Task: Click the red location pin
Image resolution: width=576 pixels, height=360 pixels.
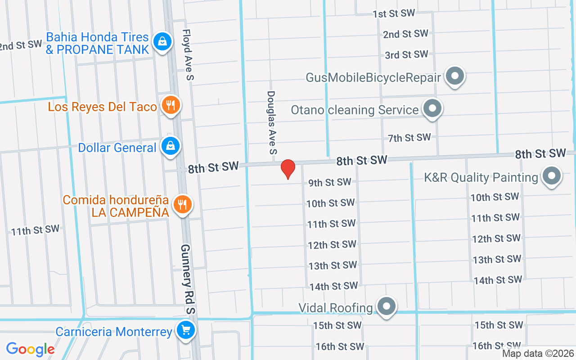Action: click(x=288, y=169)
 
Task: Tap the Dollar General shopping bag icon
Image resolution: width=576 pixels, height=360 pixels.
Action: click(x=171, y=146)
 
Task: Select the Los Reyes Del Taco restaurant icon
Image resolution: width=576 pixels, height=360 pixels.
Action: click(x=171, y=105)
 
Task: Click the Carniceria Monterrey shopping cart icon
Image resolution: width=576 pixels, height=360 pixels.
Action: click(x=185, y=331)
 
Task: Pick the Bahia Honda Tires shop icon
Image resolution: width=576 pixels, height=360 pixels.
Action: click(x=162, y=41)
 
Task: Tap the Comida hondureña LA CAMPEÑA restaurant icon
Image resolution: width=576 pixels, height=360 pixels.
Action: click(x=182, y=204)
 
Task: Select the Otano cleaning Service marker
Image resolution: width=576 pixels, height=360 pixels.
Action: click(x=432, y=108)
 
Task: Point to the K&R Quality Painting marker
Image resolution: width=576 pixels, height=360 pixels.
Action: click(x=552, y=176)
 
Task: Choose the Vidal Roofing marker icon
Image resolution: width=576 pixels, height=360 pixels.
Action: click(x=386, y=306)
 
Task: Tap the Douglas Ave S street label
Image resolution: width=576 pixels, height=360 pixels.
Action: click(x=271, y=122)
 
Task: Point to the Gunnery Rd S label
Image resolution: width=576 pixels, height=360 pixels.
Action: click(x=188, y=279)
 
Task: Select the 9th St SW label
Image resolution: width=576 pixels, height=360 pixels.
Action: click(x=329, y=182)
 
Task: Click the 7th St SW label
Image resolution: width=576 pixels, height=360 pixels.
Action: click(x=409, y=138)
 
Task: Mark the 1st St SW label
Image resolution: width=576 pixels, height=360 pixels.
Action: click(x=394, y=13)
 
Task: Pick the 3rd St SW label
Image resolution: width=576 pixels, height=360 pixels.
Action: click(x=406, y=55)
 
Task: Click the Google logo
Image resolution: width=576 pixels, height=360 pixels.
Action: click(x=30, y=349)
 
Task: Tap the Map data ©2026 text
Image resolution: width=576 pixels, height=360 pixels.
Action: click(x=538, y=354)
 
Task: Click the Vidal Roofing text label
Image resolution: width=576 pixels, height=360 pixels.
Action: click(x=336, y=308)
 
